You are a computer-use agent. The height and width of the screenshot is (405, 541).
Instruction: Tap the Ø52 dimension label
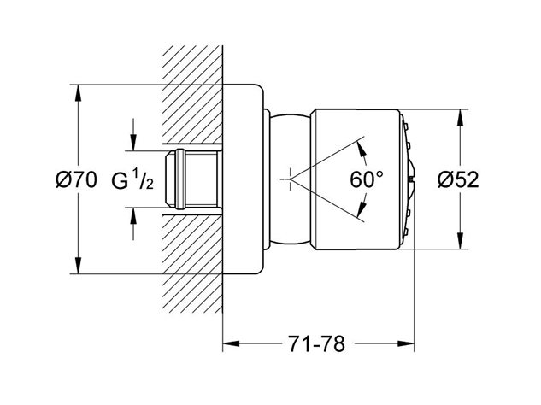click(x=457, y=179)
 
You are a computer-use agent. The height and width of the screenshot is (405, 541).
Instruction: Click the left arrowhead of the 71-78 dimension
click(x=230, y=344)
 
